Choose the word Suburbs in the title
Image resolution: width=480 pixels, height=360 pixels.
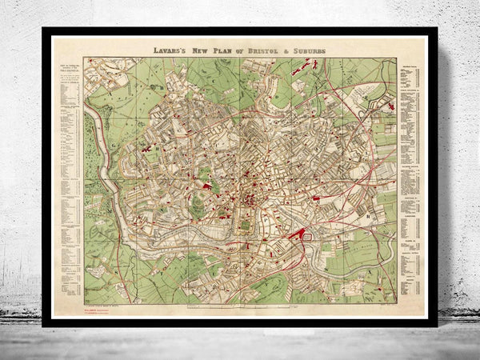click(x=309, y=49)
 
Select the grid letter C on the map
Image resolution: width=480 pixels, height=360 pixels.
click(x=217, y=80)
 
